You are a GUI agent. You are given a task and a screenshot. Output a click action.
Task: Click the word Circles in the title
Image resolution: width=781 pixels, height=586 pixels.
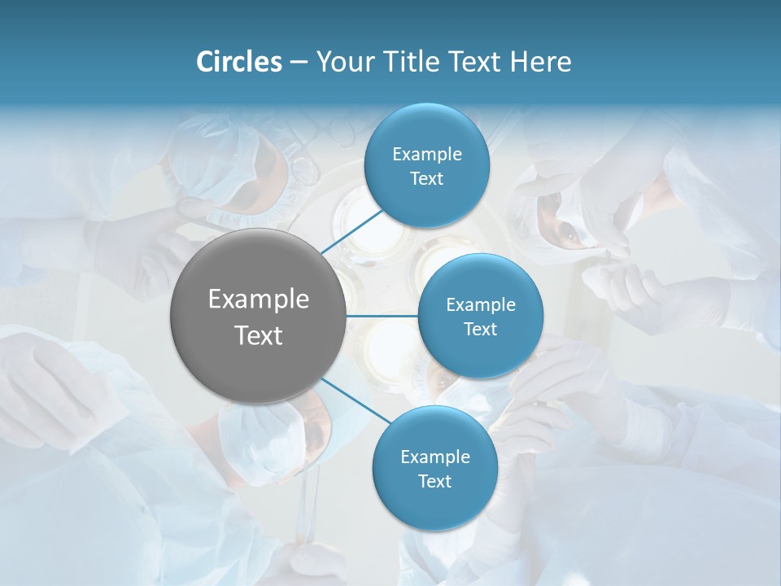[x=238, y=62]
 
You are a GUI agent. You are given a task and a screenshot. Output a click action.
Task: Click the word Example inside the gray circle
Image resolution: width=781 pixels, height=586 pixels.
[x=259, y=300]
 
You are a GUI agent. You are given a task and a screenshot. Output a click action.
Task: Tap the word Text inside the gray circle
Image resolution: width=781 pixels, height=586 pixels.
[x=259, y=335]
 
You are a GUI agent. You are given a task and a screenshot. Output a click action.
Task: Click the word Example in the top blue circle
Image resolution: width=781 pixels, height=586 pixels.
[x=427, y=155]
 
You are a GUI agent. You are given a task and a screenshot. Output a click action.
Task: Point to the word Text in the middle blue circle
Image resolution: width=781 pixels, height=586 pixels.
[x=480, y=329]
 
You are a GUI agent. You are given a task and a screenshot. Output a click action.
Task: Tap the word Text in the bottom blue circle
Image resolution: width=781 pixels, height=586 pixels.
[x=434, y=481]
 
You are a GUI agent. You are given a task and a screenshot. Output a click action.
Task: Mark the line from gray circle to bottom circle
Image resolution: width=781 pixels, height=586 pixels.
[x=356, y=400]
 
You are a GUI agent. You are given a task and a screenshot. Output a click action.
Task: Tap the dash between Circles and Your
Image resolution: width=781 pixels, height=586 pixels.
[x=299, y=63]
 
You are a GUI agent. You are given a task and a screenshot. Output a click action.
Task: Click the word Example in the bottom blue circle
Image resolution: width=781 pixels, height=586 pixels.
[x=434, y=457]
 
